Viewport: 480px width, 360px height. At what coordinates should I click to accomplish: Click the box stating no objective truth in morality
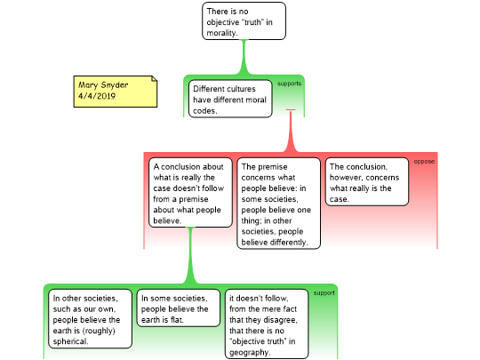coord(244,21)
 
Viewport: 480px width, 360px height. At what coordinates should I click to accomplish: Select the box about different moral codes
coord(230,99)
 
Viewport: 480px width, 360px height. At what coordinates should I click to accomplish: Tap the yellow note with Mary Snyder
coord(116,92)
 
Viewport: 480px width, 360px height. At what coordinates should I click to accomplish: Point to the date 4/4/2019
coord(97,96)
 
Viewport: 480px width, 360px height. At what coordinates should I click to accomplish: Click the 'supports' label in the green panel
coord(289,84)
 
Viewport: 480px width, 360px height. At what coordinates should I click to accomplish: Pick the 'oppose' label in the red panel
coord(424,162)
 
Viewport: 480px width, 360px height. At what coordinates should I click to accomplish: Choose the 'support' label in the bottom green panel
coord(324,293)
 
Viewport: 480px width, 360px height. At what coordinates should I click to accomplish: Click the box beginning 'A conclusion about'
coord(190,193)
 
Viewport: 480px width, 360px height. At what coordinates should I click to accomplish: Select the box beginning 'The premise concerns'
coord(278,204)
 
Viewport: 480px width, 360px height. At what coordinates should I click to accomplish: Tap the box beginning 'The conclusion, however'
coord(367,181)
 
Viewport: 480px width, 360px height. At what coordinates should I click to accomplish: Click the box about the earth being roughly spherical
coord(90,319)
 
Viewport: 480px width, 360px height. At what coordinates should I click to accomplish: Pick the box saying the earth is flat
coord(178,308)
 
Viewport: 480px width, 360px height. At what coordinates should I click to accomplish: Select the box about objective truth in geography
coord(267,324)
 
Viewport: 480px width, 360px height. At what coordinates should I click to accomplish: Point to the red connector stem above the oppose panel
coord(291,131)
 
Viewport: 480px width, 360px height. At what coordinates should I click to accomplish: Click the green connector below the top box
coord(244,57)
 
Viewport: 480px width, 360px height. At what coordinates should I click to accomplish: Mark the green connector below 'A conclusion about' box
coord(190,256)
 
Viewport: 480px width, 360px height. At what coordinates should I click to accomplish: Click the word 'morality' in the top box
coord(222,33)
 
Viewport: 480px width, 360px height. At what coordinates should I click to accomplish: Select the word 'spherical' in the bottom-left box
coord(70,341)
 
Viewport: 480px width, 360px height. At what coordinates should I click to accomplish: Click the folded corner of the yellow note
coord(155,79)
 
